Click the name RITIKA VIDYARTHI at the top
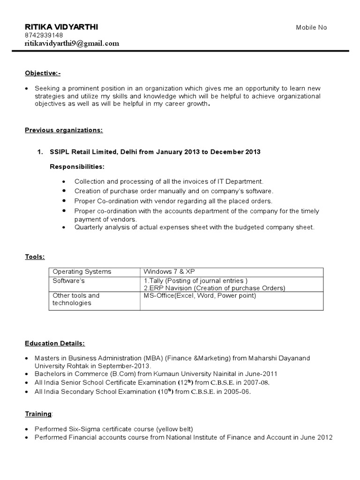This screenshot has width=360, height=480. point(61,27)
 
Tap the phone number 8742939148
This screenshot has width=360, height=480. point(44,36)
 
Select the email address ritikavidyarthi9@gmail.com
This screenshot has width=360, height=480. point(72,44)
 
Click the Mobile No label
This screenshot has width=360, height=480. point(311,28)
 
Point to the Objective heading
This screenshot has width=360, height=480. point(43,74)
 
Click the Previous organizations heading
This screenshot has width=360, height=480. point(64,130)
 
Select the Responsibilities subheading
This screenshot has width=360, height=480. point(77,167)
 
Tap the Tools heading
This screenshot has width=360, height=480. point(35,256)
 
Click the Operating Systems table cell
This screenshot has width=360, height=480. point(82,272)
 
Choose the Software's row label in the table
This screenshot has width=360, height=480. point(68,280)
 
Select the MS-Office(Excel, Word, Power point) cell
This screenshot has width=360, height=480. point(200,296)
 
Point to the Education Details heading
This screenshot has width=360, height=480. point(55,344)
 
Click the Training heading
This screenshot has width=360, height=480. point(38,414)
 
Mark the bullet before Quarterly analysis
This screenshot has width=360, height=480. point(63,227)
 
